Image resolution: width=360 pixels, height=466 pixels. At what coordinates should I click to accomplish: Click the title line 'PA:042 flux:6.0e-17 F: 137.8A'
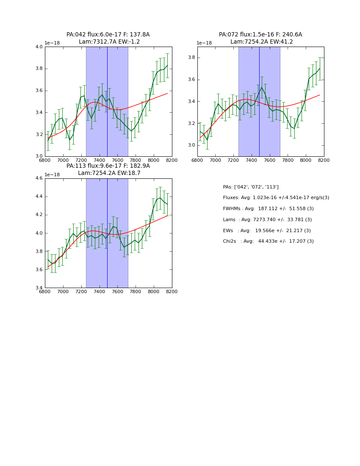108,35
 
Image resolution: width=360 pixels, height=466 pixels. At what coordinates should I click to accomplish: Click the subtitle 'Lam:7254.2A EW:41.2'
261,42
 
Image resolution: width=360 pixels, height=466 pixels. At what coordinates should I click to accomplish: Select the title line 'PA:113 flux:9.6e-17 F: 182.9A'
108,166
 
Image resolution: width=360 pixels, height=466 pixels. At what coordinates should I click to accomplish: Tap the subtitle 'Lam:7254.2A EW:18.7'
109,173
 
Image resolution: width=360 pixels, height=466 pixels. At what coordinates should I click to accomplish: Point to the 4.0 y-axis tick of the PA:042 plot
39,47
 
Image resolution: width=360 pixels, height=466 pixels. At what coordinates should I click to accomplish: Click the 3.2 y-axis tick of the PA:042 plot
39,134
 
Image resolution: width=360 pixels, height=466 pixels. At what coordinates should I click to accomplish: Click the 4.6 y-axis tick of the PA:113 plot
39,178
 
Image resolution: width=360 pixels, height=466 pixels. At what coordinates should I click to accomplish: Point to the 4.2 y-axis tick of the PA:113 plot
39,215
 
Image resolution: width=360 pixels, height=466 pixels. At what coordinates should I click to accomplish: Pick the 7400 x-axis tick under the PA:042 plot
99,161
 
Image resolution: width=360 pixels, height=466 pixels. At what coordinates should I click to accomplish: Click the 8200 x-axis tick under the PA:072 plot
324,161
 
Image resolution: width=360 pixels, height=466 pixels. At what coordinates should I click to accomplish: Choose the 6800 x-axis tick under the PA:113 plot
45,292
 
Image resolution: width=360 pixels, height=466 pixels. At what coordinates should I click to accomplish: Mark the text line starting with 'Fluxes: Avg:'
276,198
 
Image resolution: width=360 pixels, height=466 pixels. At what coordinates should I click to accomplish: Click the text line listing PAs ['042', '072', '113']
251,187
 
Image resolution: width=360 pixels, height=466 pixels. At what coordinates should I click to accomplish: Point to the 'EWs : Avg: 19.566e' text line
267,231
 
